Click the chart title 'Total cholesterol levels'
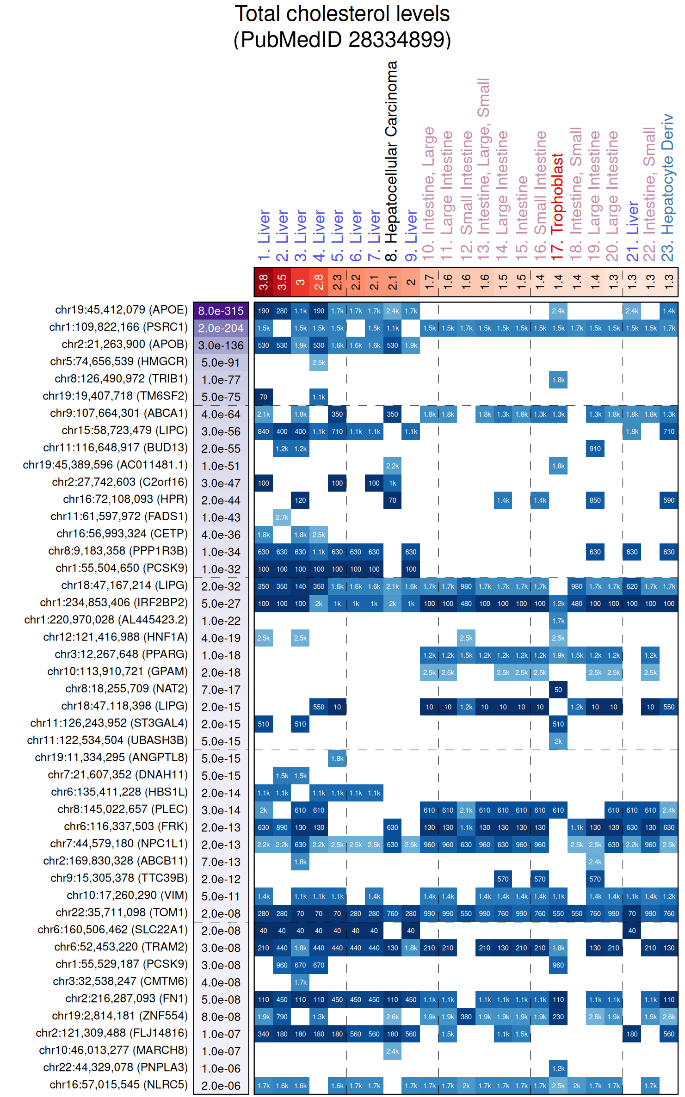click(342, 14)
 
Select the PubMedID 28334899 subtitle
click(342, 40)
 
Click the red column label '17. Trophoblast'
click(558, 206)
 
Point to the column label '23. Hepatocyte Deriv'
click(667, 188)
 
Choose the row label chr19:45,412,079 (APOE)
click(121, 310)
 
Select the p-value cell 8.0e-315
click(221, 311)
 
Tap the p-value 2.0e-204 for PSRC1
click(221, 328)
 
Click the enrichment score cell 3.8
click(263, 282)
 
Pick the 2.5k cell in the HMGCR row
click(319, 363)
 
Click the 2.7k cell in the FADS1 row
click(282, 518)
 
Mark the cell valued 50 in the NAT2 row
click(558, 690)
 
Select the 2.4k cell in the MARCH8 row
click(392, 1051)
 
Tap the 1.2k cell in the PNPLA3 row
click(558, 1068)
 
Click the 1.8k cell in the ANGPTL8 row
click(337, 758)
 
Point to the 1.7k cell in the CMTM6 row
click(300, 982)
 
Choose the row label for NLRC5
click(118, 1085)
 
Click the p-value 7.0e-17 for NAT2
click(221, 690)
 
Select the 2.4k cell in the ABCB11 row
click(595, 862)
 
